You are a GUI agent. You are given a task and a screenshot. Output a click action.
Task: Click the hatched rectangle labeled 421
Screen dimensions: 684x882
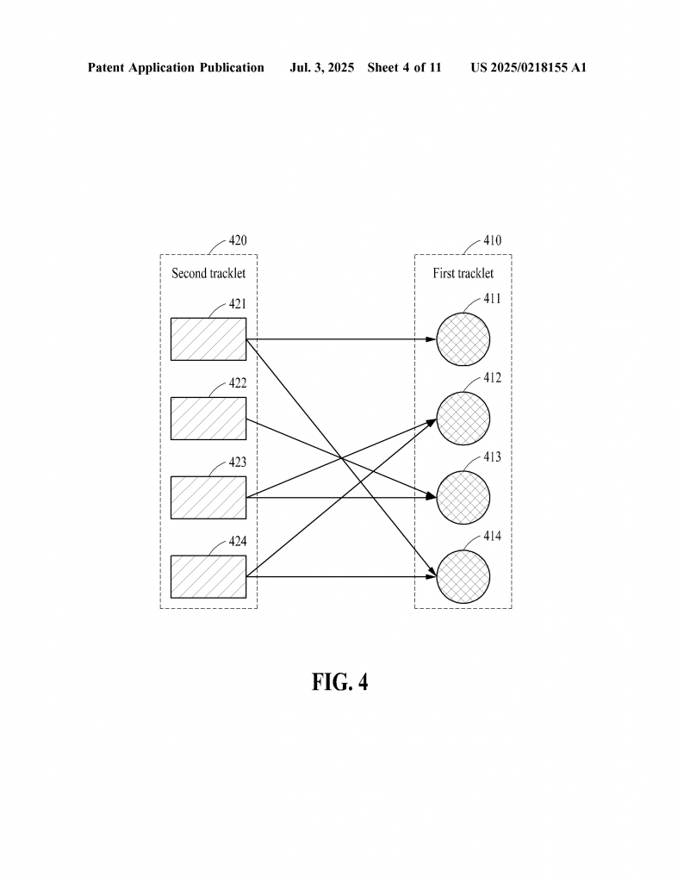[x=208, y=339]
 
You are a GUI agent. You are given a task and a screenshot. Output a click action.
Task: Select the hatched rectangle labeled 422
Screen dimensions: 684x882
[x=208, y=419]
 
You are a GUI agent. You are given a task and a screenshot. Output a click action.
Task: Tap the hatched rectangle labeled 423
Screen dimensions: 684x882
[x=208, y=498]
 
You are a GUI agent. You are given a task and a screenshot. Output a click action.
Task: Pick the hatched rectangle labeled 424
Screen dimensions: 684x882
[x=208, y=577]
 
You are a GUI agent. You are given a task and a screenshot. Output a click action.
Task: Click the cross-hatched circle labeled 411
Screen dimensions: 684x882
[x=463, y=339]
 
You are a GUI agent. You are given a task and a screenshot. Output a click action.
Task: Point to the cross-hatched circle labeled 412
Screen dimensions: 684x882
[x=463, y=419]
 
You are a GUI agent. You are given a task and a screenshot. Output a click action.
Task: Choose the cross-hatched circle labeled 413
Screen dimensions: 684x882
[x=463, y=498]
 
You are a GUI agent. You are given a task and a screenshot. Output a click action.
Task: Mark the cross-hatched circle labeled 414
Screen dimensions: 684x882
[x=463, y=577]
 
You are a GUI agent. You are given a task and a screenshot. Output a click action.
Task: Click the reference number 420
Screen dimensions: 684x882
[x=238, y=241]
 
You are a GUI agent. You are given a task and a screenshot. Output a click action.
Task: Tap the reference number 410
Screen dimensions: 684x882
[x=492, y=241]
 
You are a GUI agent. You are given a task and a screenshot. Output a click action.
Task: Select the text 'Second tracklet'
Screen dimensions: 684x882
[x=208, y=273]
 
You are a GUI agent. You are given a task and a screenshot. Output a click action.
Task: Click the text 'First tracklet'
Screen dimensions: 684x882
[x=463, y=273]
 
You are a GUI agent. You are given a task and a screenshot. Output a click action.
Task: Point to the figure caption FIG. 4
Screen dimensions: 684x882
[x=339, y=682]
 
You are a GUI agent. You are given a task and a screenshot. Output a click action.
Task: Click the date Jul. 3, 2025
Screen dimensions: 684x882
[x=321, y=68]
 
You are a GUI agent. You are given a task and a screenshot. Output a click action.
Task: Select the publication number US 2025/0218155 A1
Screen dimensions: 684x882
[x=528, y=68]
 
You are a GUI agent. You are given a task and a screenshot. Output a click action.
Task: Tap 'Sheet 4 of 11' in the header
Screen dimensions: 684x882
[x=404, y=68]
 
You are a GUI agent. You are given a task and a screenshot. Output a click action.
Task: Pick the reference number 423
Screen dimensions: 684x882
[x=238, y=463]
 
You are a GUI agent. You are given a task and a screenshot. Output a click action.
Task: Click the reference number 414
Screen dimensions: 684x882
[x=492, y=536]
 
